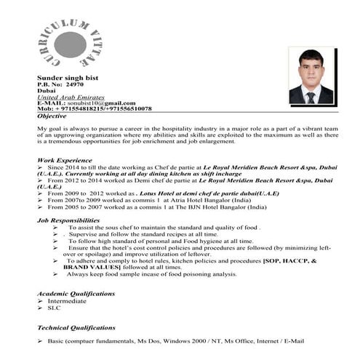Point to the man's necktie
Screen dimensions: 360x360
[311, 97]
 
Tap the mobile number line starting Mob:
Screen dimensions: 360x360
[95, 108]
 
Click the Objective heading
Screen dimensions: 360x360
[51, 116]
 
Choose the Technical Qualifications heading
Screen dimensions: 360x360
[76, 328]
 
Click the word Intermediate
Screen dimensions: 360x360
[68, 300]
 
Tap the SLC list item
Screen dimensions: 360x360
[54, 308]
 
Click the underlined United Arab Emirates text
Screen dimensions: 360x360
[71, 97]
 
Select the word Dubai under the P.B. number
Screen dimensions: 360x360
[46, 90]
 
